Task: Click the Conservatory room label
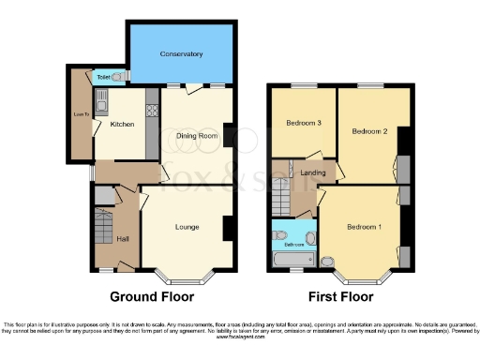pyautogui.click(x=180, y=54)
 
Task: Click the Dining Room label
pyautogui.click(x=197, y=136)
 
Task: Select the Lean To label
pyautogui.click(x=81, y=114)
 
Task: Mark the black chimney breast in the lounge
pyautogui.click(x=228, y=228)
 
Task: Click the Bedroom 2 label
pyautogui.click(x=369, y=132)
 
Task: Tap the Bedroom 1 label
pyautogui.click(x=363, y=227)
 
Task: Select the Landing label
pyautogui.click(x=312, y=172)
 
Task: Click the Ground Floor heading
pyautogui.click(x=152, y=297)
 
